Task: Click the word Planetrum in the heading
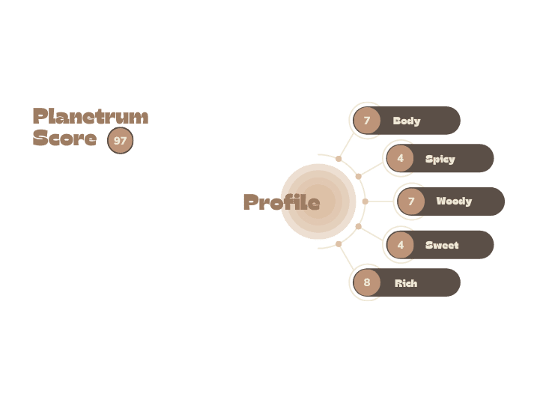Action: coord(91,116)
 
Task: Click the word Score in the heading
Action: coord(64,138)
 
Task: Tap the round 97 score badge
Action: coord(121,140)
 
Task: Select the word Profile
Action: coord(282,201)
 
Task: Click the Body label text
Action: coord(407,121)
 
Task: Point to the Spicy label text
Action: coord(440,159)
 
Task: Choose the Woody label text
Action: coord(454,201)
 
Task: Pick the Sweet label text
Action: coord(442,245)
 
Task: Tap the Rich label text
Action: coord(406,283)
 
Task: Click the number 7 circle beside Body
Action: coord(367,121)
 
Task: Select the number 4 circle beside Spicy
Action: coord(401,158)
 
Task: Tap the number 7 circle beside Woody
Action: coord(411,201)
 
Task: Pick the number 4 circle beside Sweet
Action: coord(401,245)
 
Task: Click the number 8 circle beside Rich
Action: coord(367,282)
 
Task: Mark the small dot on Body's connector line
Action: coord(339,159)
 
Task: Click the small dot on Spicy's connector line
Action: coord(358,176)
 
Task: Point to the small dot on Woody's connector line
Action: coord(365,201)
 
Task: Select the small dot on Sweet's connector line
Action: coord(358,226)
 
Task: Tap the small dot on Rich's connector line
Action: coord(339,244)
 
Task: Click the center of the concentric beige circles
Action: coord(318,201)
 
